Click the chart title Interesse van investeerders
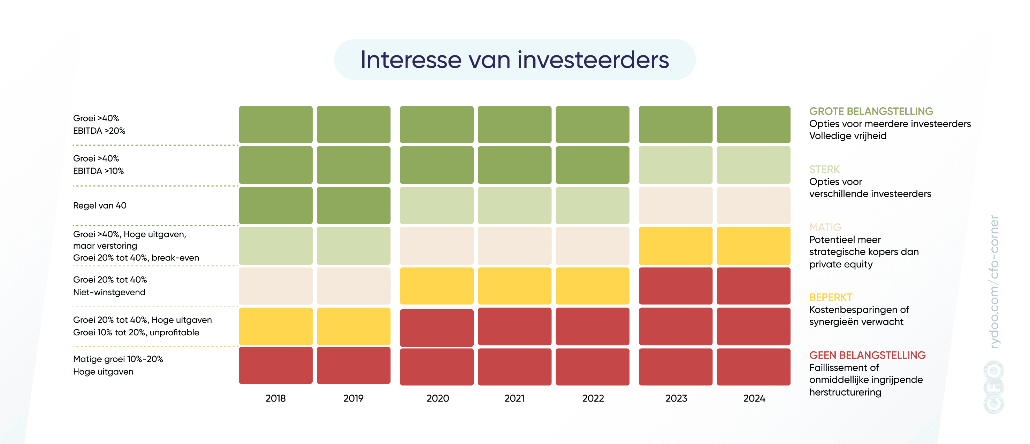point(514,60)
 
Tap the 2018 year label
point(275,398)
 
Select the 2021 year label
point(514,398)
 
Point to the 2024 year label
point(754,398)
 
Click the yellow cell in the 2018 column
point(275,326)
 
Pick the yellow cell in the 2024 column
point(753,246)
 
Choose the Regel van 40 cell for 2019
point(353,205)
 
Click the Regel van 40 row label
point(100,205)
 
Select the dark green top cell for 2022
point(592,124)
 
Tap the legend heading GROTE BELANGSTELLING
point(871,111)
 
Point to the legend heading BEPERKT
point(831,297)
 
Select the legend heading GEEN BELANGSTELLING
point(867,355)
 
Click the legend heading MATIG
point(825,227)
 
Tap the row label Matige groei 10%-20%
point(118,359)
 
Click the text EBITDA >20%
point(99,131)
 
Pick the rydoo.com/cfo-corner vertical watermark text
point(994,282)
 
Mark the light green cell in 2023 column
point(675,165)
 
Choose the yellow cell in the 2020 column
point(436,286)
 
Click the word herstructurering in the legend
point(845,392)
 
